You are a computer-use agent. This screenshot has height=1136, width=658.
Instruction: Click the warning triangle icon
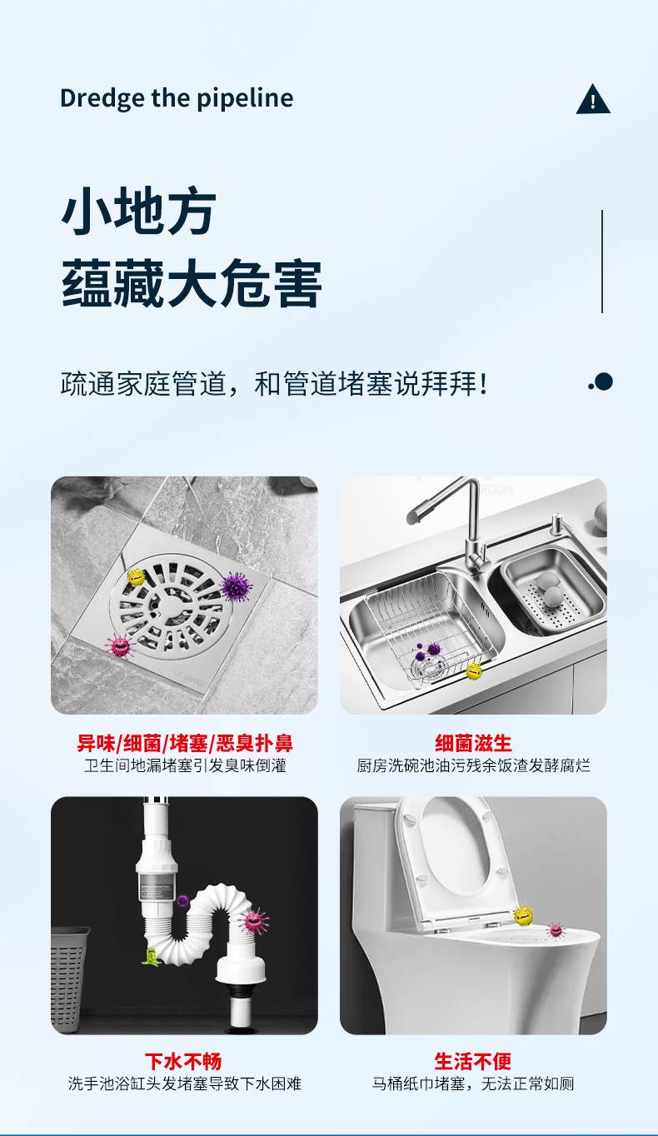coord(592,99)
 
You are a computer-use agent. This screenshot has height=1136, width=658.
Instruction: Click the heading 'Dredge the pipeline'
coord(177,98)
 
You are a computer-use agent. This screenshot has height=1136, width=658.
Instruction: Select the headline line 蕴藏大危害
coord(192,282)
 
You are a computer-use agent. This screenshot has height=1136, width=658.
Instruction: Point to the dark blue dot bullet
coord(604,382)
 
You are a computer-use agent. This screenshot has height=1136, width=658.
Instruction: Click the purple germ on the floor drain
coord(237,587)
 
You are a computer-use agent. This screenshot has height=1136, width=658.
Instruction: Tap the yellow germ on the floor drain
coord(136,576)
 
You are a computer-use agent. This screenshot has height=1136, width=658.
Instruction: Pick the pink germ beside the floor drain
coord(120,645)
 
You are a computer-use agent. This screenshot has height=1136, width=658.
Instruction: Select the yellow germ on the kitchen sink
coord(474,670)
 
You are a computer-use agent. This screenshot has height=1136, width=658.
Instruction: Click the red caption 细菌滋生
coord(473,743)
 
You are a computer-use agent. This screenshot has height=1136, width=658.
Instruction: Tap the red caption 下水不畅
coord(183,1061)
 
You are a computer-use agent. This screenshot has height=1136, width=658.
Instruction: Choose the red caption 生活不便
coord(473,1061)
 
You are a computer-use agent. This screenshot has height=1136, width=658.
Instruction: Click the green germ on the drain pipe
coord(150,955)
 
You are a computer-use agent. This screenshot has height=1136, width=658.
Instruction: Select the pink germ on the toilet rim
coord(556,930)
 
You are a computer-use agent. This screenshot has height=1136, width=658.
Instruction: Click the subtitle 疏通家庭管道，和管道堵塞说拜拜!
coord(274,383)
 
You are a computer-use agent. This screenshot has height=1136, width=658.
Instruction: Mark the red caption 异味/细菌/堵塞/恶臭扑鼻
coord(185,743)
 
